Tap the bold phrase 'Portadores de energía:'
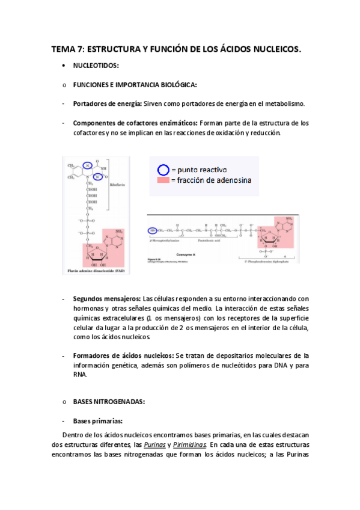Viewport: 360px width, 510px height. point(108,103)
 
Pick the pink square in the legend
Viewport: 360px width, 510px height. point(163,180)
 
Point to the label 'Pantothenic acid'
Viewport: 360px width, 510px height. point(213,239)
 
